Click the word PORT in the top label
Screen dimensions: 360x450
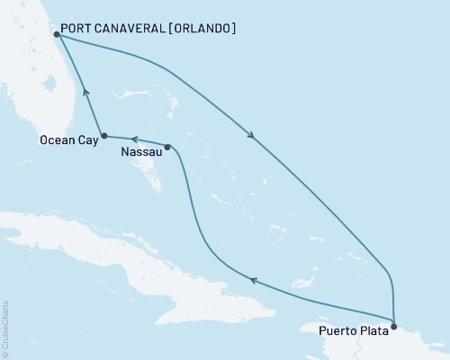pos(78,29)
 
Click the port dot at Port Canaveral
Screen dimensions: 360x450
pos(57,34)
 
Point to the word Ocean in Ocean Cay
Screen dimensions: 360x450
pos(56,139)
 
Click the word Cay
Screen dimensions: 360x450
pos(85,139)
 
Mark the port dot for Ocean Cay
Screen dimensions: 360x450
pos(104,136)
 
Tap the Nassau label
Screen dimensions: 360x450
pos(140,153)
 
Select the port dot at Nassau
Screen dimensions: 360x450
pos(167,147)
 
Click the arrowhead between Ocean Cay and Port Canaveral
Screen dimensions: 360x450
pos(85,91)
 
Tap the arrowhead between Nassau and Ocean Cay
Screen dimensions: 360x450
pos(133,139)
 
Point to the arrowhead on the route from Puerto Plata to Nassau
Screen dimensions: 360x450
pos(253,282)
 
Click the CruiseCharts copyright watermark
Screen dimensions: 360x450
pos(5,328)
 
